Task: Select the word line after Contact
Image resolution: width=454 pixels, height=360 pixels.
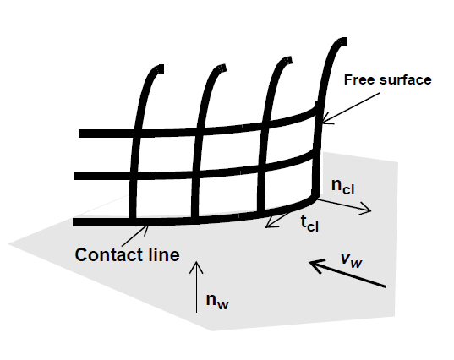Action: pos(163,254)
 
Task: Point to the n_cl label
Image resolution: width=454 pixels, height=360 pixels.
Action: pos(342,186)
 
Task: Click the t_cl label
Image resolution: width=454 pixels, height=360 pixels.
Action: pos(309,223)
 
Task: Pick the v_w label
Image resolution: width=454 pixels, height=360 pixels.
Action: pos(352,259)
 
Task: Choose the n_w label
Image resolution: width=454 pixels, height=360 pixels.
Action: pos(217,302)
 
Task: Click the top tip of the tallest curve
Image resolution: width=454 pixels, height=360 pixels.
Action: pos(345,41)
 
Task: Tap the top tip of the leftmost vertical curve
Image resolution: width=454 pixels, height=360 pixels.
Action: pos(161,69)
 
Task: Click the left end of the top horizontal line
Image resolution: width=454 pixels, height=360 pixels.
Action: pos(79,134)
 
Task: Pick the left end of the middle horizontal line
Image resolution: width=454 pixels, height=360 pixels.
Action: pos(75,176)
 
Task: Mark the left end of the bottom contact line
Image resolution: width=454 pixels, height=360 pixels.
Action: pos(74,222)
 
